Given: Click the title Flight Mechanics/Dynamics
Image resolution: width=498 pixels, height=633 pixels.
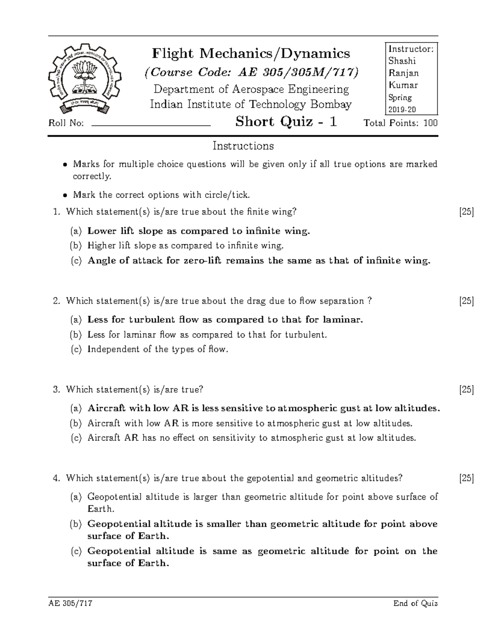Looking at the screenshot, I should [251, 54].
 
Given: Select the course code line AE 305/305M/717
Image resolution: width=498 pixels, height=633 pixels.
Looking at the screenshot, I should [251, 72].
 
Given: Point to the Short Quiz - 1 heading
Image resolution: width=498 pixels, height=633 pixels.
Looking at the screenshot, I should [286, 122].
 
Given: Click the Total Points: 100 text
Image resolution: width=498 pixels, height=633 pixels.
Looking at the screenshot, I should [400, 123].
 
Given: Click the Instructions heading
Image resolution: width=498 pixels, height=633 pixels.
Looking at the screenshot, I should [243, 146].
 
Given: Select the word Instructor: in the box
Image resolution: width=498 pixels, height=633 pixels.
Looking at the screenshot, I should [411, 49].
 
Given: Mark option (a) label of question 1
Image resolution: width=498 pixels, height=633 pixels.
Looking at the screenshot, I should [76, 231].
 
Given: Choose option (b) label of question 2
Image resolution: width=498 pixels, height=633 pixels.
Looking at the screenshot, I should [76, 335].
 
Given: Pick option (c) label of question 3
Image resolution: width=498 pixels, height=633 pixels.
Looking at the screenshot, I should [76, 438].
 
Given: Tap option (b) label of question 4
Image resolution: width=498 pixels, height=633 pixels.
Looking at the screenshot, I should [76, 524].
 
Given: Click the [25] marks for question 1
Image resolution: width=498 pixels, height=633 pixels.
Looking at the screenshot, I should [466, 212].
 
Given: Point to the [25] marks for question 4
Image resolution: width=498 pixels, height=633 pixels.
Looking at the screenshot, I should [466, 478].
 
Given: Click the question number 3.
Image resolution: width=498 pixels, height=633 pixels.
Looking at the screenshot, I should [56, 390].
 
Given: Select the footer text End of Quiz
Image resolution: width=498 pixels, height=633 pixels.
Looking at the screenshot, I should [415, 604].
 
